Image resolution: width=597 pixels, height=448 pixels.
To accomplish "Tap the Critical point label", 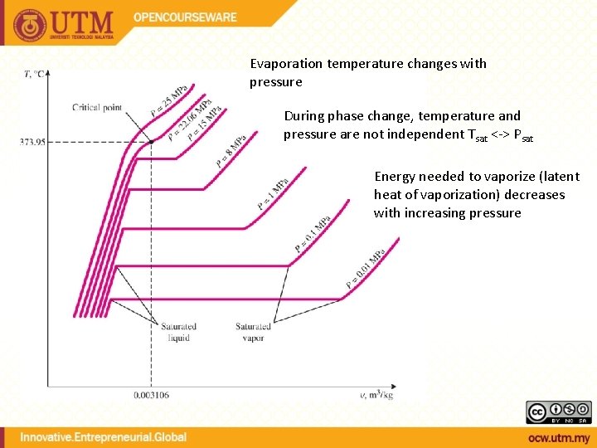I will click(98, 107).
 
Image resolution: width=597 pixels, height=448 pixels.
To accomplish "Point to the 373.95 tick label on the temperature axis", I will click(32, 142).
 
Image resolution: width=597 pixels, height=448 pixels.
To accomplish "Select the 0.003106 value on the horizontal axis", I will click(152, 395).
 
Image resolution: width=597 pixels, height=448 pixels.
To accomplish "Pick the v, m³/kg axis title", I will click(376, 395).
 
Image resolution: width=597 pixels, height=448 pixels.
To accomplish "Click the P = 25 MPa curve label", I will click(168, 100).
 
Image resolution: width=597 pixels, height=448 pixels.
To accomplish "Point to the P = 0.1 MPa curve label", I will click(313, 233).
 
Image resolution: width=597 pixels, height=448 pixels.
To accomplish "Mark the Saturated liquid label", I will click(178, 332).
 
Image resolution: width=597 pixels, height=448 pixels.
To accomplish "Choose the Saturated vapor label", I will click(253, 332).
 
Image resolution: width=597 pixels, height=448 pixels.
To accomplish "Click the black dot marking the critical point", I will click(151, 142).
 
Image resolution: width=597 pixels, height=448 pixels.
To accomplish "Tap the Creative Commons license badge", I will click(559, 411).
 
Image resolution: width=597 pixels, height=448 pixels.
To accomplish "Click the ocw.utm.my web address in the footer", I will click(558, 437).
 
